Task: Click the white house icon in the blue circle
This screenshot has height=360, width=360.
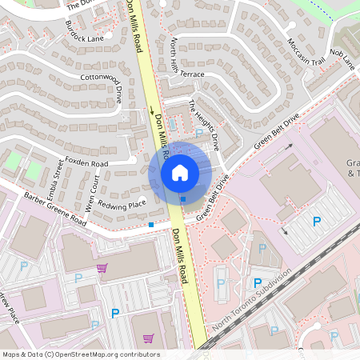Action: [180, 172]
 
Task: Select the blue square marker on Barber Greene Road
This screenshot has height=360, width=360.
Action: [151, 225]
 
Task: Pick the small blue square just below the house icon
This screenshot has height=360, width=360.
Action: [183, 198]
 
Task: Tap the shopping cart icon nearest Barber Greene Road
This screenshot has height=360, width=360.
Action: [102, 268]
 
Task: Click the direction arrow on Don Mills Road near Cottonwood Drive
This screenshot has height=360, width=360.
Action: [153, 110]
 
